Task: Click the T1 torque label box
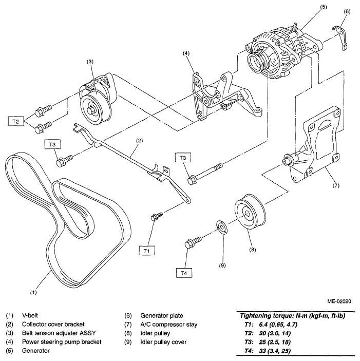pyautogui.click(x=147, y=251)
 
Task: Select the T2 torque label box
pyautogui.click(x=15, y=121)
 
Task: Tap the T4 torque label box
pyautogui.click(x=184, y=273)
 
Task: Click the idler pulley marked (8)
pyautogui.click(x=250, y=212)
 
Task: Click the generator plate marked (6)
pyautogui.click(x=340, y=37)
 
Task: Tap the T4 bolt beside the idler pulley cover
pyautogui.click(x=193, y=242)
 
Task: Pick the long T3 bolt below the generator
pyautogui.click(x=205, y=173)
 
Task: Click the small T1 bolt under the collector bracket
pyautogui.click(x=157, y=216)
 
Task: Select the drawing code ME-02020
pyautogui.click(x=339, y=301)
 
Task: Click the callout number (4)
pyautogui.click(x=186, y=53)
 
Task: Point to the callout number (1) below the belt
pyautogui.click(x=33, y=293)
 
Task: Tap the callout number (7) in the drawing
pyautogui.click(x=336, y=185)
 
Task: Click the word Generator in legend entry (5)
pyautogui.click(x=35, y=351)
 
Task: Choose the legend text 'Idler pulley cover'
pyautogui.click(x=163, y=342)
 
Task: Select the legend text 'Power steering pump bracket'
pyautogui.click(x=62, y=342)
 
